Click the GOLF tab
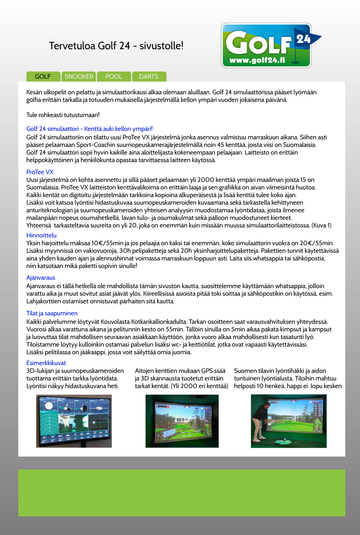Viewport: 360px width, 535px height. click(43, 76)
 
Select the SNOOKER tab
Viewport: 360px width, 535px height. click(79, 76)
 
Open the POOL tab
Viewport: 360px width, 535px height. click(114, 76)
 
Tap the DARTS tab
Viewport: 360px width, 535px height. click(148, 76)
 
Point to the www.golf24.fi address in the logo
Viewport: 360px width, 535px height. click(257, 60)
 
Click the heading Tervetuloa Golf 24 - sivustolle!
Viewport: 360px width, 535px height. click(116, 46)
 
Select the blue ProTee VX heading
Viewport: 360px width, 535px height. click(40, 172)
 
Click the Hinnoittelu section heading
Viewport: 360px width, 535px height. click(41, 235)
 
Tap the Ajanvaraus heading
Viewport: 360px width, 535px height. click(40, 278)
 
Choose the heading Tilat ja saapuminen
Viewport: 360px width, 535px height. click(52, 313)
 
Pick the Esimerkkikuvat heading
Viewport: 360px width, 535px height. click(46, 363)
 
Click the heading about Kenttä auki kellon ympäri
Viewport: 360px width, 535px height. click(89, 129)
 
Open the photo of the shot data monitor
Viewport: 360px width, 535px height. click(74, 421)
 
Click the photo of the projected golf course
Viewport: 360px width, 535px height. click(182, 421)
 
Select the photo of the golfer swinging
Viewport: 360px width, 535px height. click(289, 421)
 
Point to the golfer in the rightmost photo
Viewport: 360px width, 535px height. click(261, 422)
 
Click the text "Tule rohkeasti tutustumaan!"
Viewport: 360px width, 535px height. click(63, 115)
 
